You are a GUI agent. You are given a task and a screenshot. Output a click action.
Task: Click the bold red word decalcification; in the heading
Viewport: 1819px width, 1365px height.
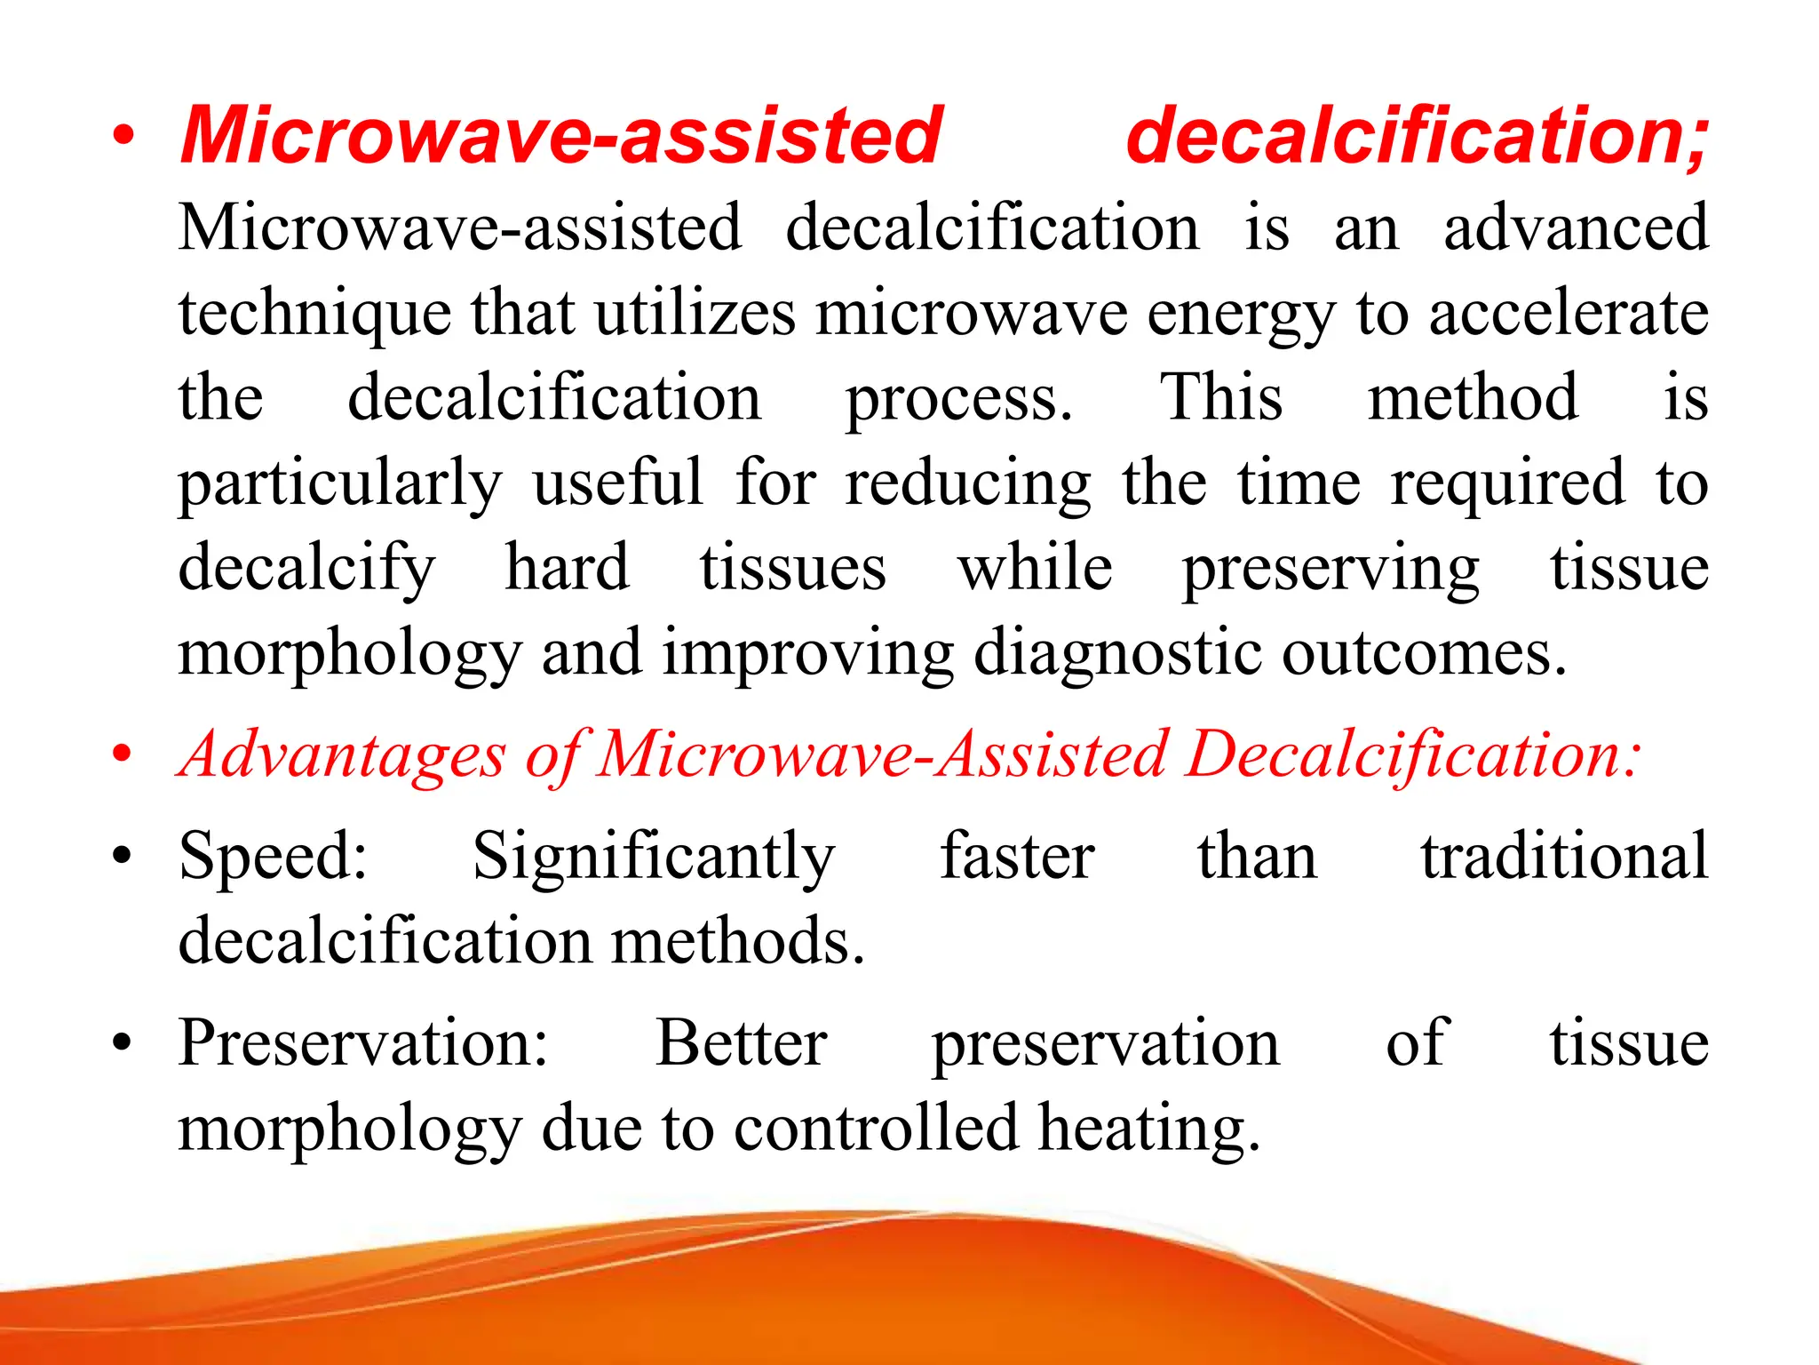pyautogui.click(x=1417, y=135)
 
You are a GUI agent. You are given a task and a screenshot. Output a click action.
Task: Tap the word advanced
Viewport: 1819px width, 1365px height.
pyautogui.click(x=1576, y=227)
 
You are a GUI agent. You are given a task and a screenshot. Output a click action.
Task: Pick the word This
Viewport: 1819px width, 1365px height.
pyautogui.click(x=1222, y=397)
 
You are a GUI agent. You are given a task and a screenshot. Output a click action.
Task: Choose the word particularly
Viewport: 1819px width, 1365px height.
pyautogui.click(x=340, y=484)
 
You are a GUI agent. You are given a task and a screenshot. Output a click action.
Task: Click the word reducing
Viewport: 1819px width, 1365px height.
pyautogui.click(x=967, y=484)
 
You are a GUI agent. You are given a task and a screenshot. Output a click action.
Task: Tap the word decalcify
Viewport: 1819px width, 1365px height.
pyautogui.click(x=307, y=569)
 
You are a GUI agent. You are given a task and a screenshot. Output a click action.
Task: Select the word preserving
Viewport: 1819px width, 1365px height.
pyautogui.click(x=1330, y=569)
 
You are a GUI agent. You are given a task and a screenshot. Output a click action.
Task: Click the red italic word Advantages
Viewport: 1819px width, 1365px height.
pyautogui.click(x=343, y=755)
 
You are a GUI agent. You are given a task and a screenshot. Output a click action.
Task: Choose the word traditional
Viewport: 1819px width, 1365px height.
pyautogui.click(x=1564, y=856)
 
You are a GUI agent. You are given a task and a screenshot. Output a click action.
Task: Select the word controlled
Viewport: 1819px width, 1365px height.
pyautogui.click(x=876, y=1128)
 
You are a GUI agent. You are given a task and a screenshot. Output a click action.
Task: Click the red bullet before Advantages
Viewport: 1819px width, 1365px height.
pyautogui.click(x=123, y=755)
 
